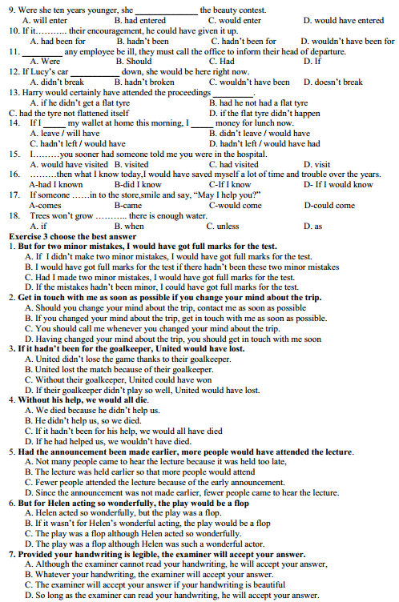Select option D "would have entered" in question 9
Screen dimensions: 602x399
[349, 20]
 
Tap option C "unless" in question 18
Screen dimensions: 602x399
[228, 226]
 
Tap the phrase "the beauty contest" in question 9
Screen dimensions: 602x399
[234, 10]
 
